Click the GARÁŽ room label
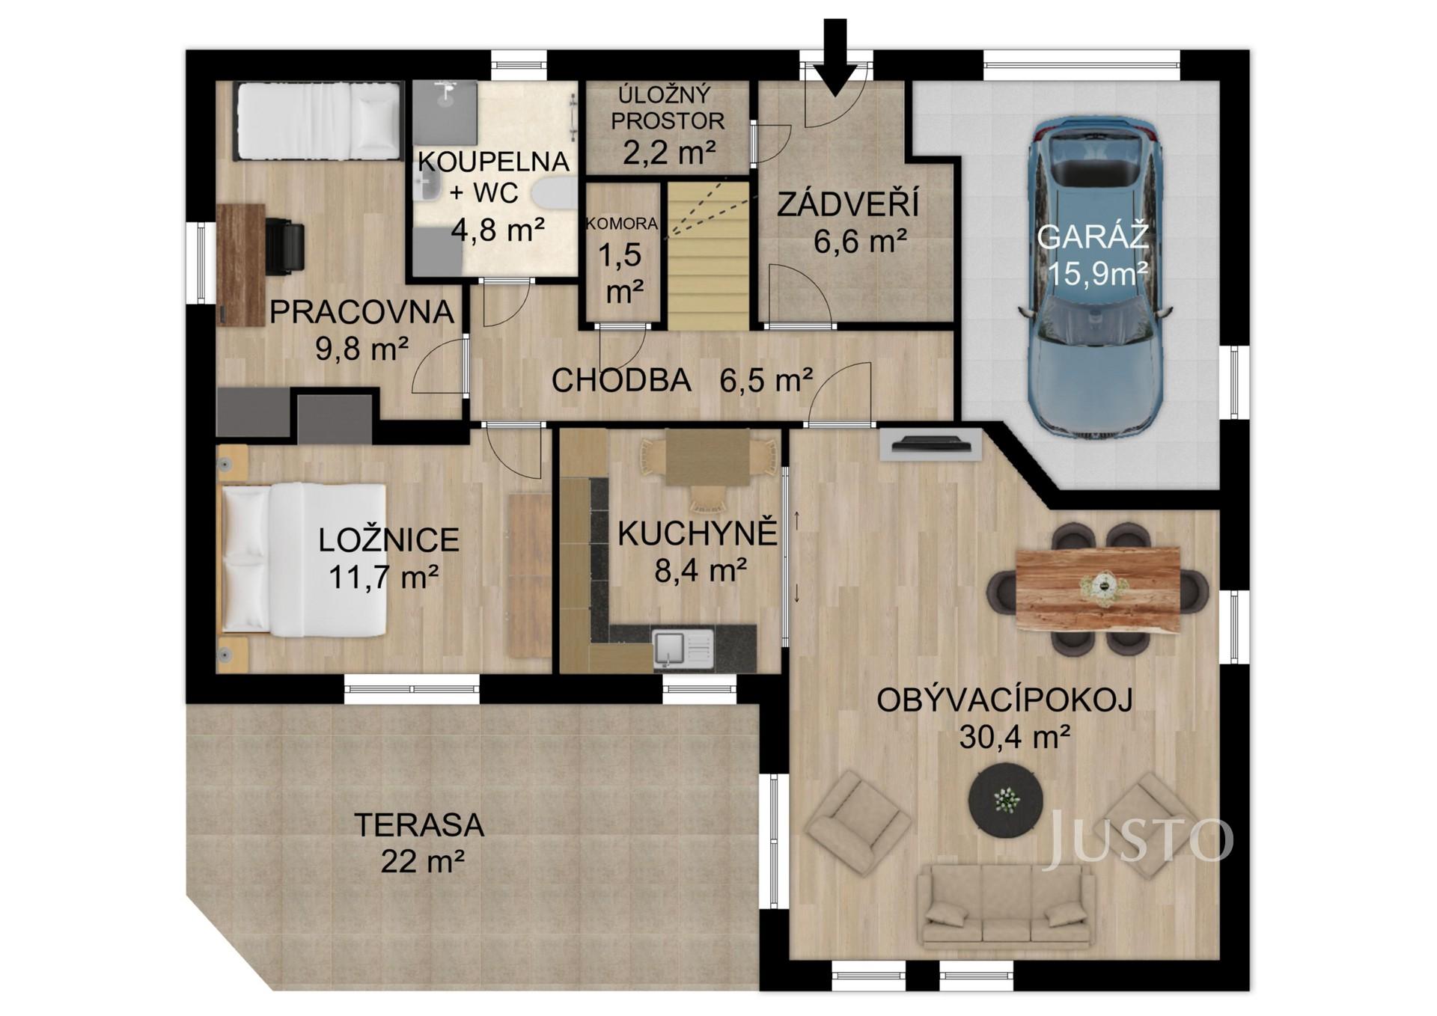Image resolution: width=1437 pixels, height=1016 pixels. tap(1092, 237)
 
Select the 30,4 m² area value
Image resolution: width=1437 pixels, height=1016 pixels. tap(1013, 738)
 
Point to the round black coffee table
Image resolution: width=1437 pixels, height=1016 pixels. tap(1006, 801)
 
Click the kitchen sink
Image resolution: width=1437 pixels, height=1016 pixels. tap(683, 649)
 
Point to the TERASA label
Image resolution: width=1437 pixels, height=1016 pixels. tap(419, 826)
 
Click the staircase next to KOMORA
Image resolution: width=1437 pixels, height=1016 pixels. tap(708, 258)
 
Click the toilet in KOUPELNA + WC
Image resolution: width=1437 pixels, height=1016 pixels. tap(556, 195)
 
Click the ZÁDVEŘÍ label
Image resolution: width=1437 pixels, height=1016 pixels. tap(847, 204)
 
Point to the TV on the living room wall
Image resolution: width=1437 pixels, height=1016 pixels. tap(930, 445)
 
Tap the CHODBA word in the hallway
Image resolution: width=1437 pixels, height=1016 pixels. tap(621, 381)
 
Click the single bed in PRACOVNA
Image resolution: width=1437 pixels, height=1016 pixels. tap(318, 120)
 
